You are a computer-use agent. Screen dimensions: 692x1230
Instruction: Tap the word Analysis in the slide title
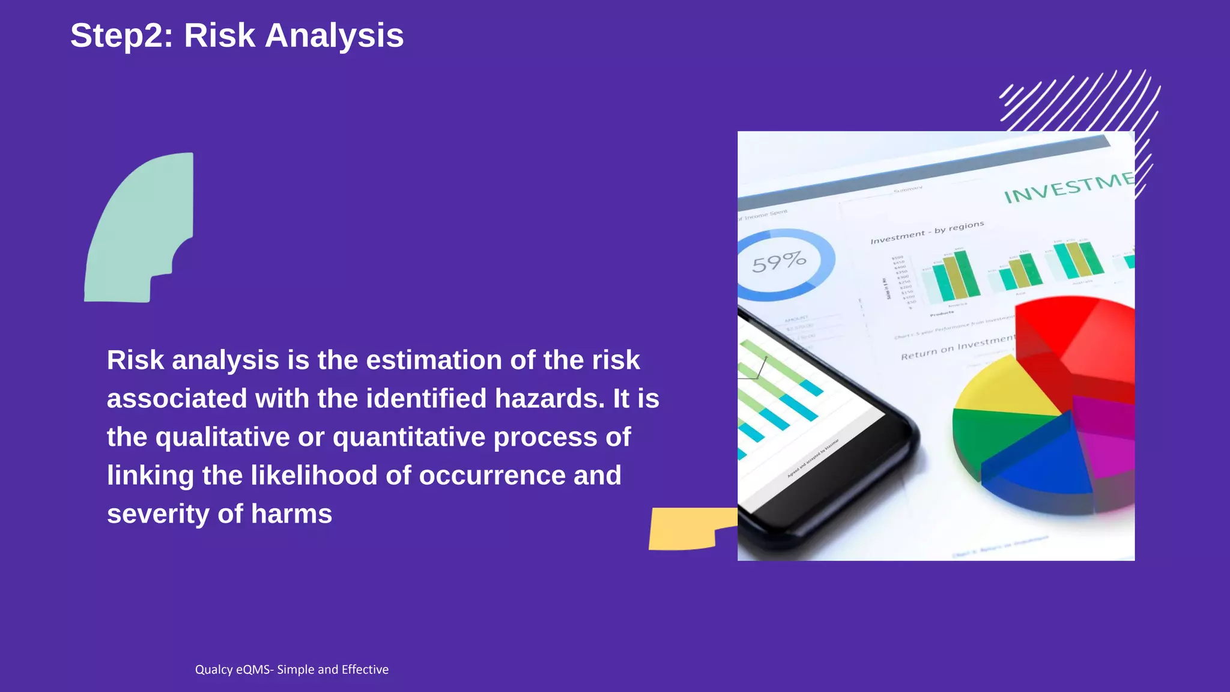coord(334,36)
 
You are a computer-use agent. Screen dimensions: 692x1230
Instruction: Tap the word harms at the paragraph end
coord(291,514)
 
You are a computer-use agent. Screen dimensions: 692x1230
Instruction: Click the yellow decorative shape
coord(685,529)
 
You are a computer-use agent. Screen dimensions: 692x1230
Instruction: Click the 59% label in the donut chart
coord(779,262)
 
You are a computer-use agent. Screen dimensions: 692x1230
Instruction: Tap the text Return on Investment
coord(957,348)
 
